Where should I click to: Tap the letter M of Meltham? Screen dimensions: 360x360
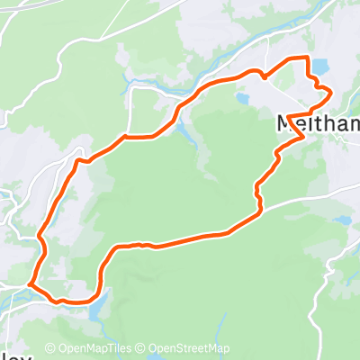pos(284,123)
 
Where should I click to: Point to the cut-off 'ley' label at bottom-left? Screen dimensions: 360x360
pos(11,355)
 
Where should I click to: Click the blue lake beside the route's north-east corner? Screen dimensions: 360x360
pos(319,67)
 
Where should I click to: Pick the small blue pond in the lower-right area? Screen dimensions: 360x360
pos(342,219)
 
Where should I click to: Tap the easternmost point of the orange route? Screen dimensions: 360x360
pos(331,92)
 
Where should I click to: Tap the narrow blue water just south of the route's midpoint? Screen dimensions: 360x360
pos(184,135)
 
